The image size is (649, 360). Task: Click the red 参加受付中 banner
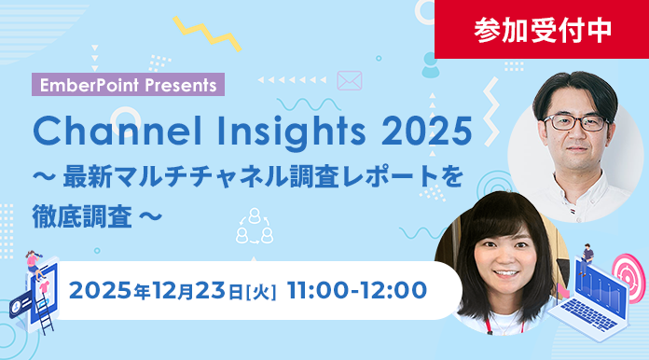pyautogui.click(x=543, y=29)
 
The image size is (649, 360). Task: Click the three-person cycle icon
pyautogui.click(x=255, y=224)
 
